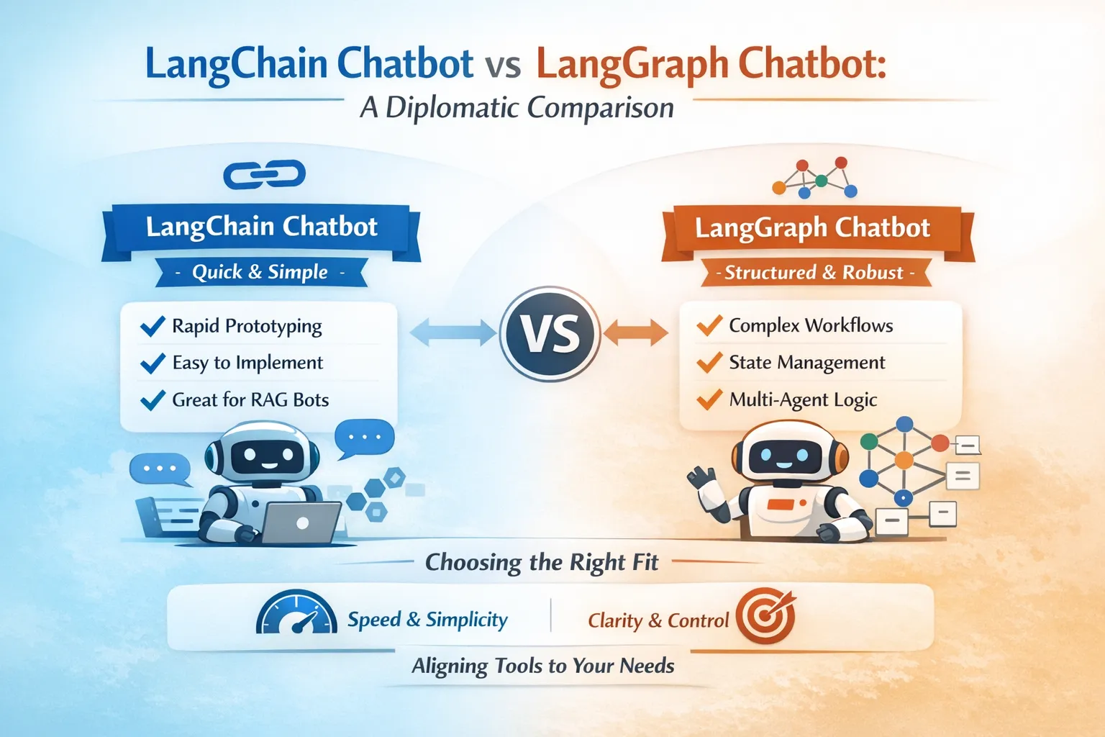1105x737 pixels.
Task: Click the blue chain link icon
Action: click(265, 174)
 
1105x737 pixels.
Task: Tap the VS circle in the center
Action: click(550, 334)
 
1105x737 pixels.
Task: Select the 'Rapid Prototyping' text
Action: click(247, 326)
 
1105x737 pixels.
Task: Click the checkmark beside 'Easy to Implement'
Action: click(153, 363)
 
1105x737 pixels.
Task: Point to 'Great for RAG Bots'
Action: click(250, 400)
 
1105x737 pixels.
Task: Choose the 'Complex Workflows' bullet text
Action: click(811, 325)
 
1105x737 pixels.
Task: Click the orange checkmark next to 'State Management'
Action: click(709, 362)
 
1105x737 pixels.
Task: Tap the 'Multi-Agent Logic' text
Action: click(803, 400)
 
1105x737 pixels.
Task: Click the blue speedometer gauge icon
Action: click(296, 612)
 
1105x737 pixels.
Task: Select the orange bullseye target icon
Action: click(765, 615)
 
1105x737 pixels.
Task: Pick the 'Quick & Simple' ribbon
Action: click(261, 272)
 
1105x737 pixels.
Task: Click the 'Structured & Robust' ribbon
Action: click(815, 273)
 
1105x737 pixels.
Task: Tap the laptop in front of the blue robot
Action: click(301, 523)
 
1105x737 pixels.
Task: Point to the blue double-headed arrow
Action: click(453, 332)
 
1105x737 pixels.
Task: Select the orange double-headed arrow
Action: click(636, 332)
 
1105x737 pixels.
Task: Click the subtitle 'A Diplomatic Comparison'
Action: click(517, 108)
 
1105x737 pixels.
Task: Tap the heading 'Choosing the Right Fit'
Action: click(542, 562)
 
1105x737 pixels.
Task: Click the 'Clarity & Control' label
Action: click(658, 620)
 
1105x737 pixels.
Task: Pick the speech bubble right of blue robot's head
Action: click(364, 438)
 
